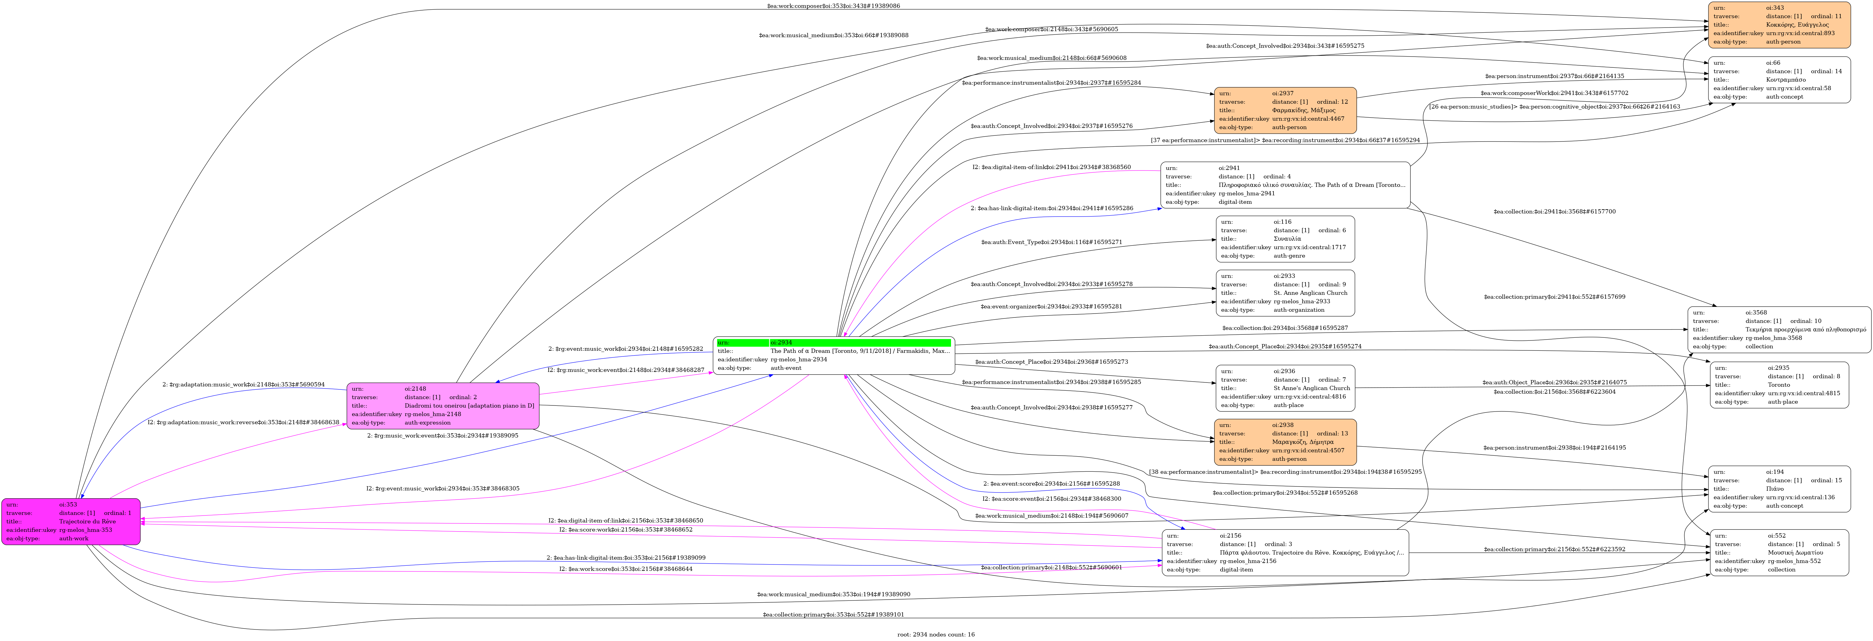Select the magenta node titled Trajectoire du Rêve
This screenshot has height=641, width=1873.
click(70, 521)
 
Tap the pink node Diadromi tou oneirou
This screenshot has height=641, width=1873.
click(443, 405)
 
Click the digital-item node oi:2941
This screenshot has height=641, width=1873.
click(1285, 185)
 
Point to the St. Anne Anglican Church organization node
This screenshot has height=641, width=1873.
click(1285, 293)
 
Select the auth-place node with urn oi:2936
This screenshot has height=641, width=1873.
click(1285, 388)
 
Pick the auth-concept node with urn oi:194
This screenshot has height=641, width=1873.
click(1779, 489)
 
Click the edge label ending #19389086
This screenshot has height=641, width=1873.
click(833, 6)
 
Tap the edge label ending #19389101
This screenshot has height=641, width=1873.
click(833, 615)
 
